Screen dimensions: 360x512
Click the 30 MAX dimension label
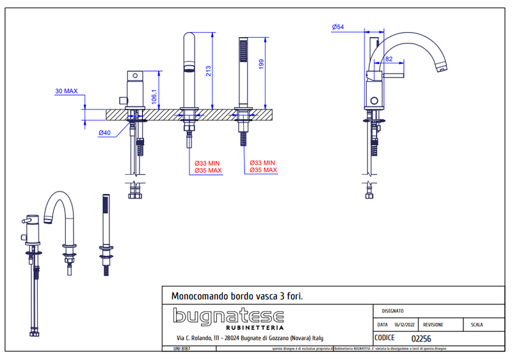coord(66,91)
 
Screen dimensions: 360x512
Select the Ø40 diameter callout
coord(106,133)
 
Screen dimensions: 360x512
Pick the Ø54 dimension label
coord(339,27)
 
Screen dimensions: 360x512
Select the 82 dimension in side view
coord(389,58)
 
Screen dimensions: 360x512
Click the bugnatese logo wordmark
coord(228,316)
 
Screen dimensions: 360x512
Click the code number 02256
coord(420,338)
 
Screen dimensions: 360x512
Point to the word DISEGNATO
coord(392,310)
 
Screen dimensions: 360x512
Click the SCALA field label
coord(477,325)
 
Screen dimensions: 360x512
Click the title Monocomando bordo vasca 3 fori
coord(237,297)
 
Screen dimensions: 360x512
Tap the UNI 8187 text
coord(182,348)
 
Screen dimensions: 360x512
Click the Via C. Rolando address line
coord(250,338)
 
